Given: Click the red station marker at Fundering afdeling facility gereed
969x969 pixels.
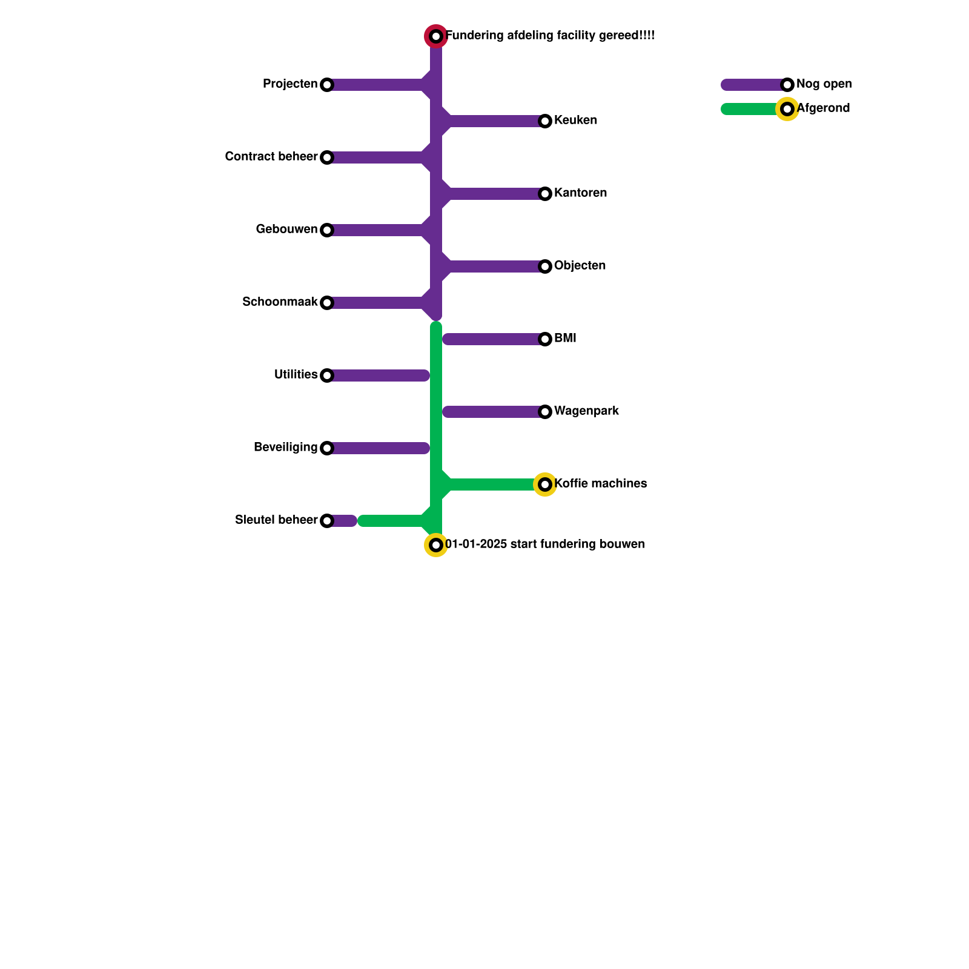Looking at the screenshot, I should (436, 36).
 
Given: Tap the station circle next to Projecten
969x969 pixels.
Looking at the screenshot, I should (327, 85).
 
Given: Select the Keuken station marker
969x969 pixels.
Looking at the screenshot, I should (545, 121).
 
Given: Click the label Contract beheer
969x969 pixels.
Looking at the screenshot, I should (271, 157).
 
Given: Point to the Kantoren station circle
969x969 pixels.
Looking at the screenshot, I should (545, 194).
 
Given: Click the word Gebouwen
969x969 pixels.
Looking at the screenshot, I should (286, 230).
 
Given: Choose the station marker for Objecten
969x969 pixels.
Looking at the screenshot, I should (545, 266).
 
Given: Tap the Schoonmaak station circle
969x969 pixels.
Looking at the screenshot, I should (327, 303).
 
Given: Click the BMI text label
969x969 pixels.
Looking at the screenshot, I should (565, 339).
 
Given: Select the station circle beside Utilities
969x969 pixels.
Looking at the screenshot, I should (327, 375).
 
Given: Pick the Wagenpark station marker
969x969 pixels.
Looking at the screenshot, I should (545, 412).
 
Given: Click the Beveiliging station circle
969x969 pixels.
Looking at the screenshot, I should (327, 448).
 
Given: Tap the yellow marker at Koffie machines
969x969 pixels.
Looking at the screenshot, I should (545, 484).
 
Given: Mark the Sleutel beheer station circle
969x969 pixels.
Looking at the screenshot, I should (327, 521).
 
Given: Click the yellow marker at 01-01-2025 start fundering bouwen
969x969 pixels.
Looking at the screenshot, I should (436, 545).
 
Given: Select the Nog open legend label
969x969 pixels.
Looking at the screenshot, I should (824, 84).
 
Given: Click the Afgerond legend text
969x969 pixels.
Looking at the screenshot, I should (824, 108).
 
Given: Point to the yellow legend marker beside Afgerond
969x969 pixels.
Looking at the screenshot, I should (787, 109).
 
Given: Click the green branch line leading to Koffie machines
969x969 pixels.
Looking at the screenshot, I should (491, 484).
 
